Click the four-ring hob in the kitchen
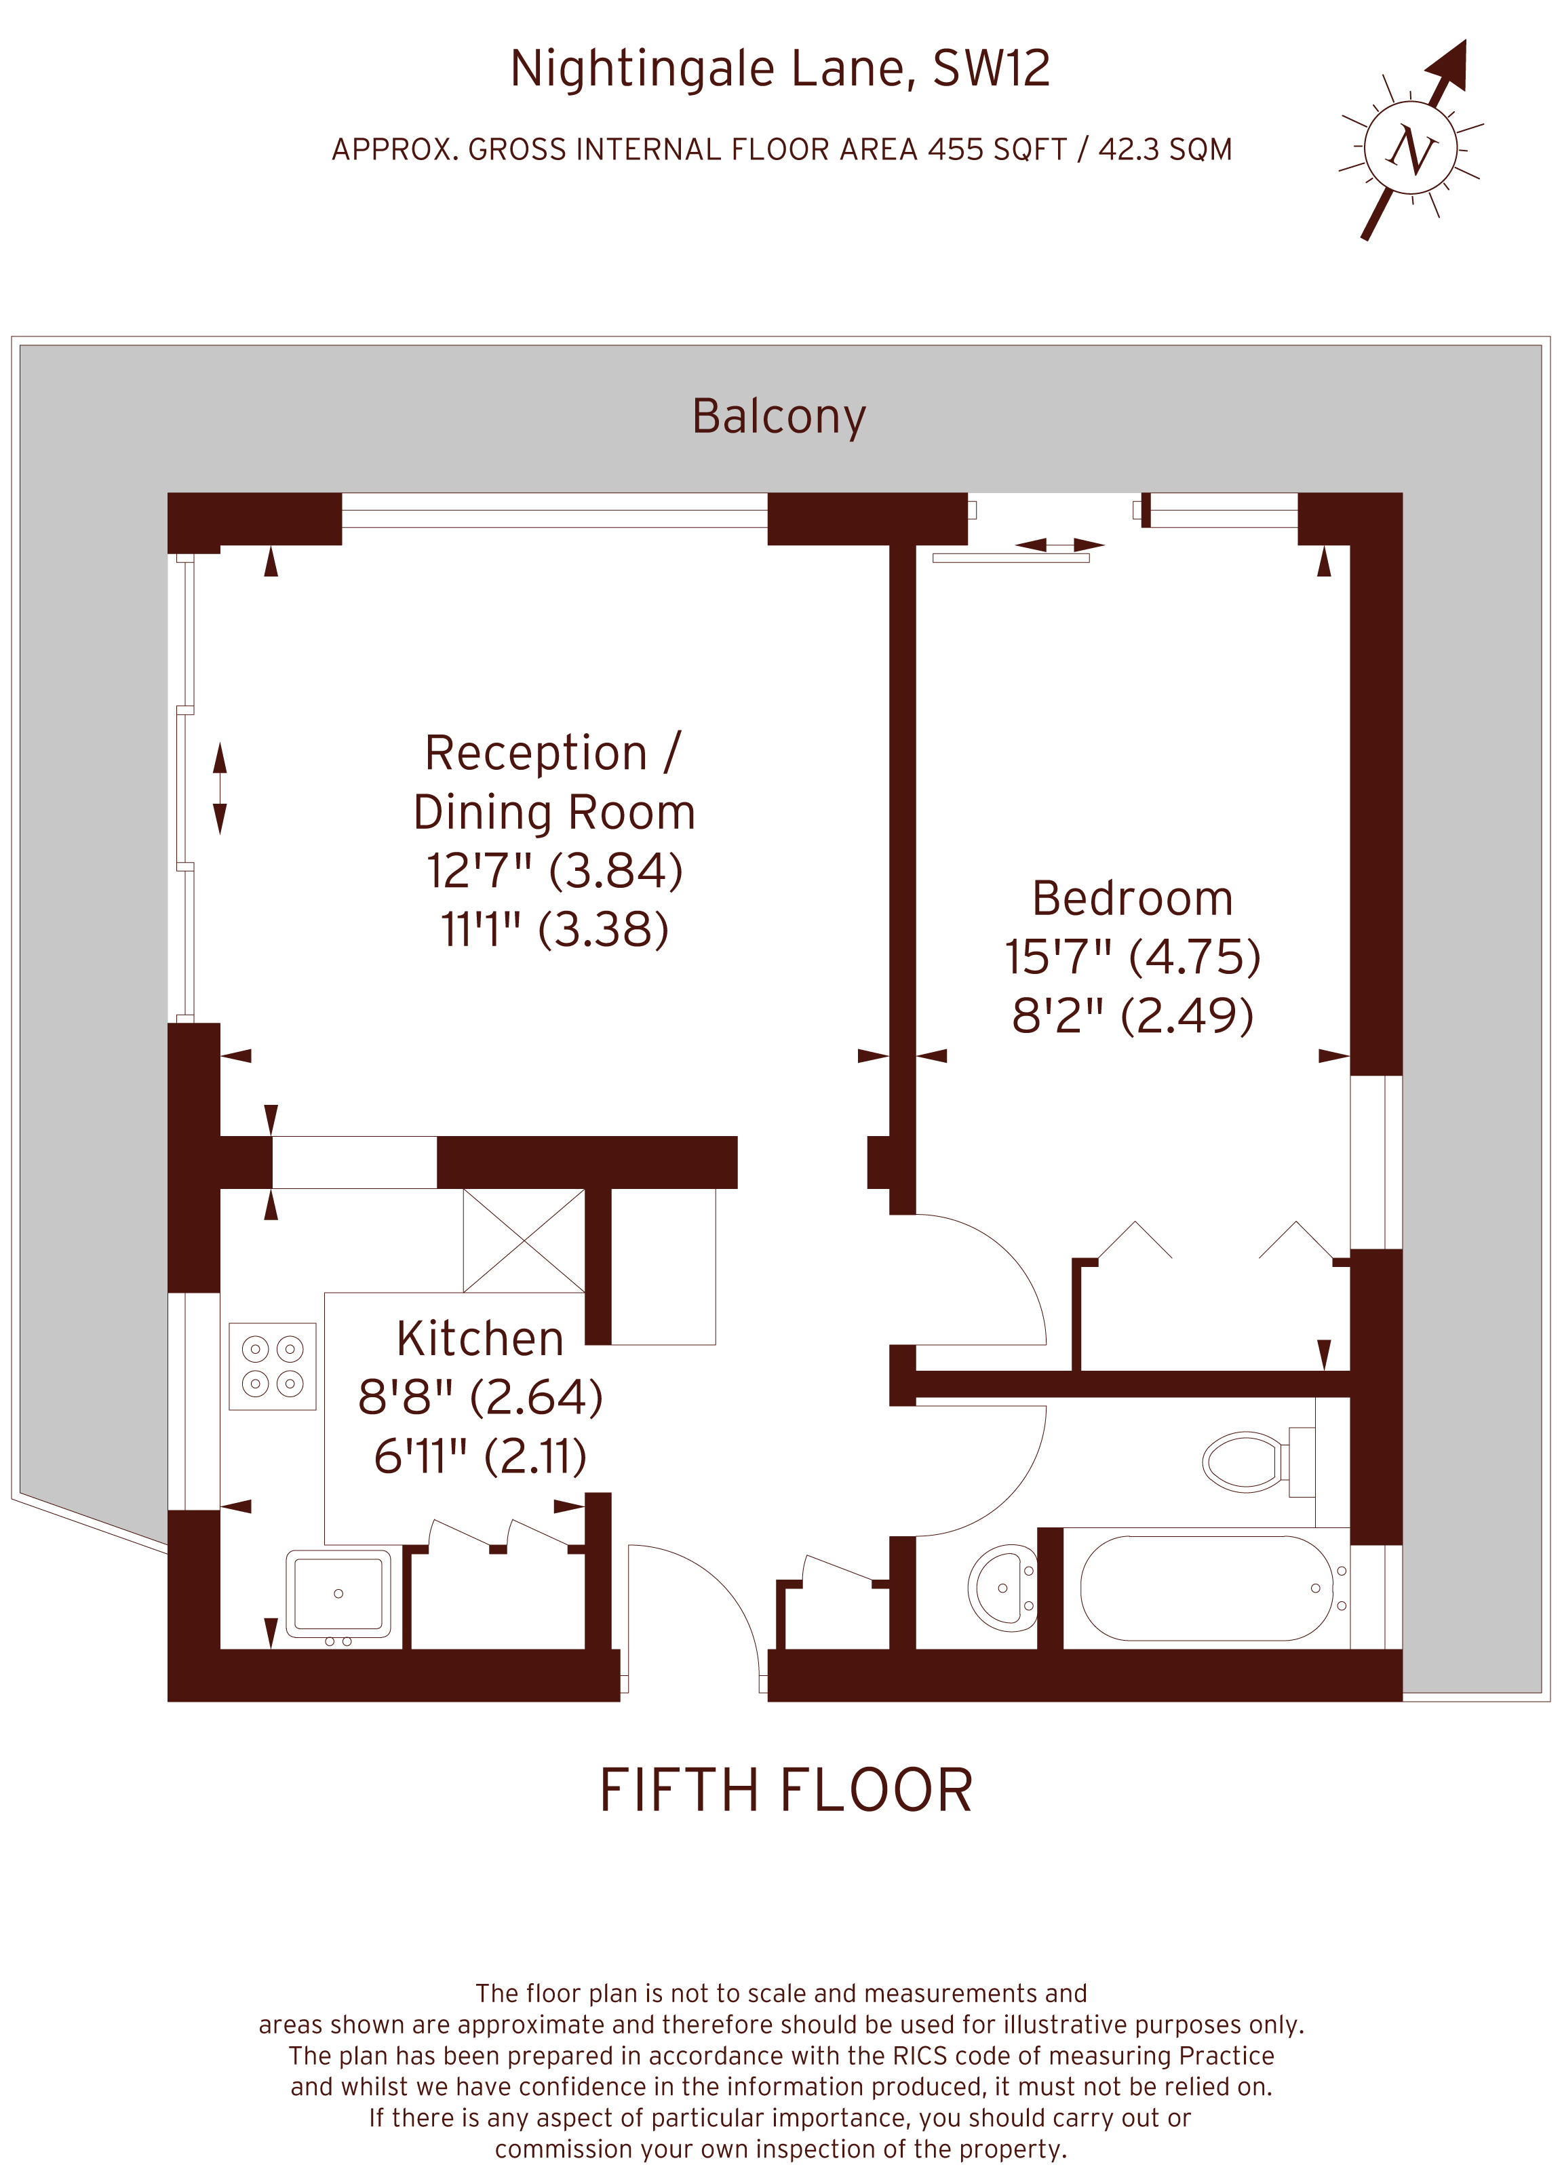coord(272,1366)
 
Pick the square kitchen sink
coord(338,1593)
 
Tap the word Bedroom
coord(1132,899)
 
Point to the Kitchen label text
coord(480,1339)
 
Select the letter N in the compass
coord(1411,150)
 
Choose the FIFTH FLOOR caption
coord(785,1791)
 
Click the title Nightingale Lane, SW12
coord(779,69)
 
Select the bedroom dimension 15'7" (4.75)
coord(1132,958)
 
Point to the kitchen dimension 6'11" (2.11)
coord(480,1456)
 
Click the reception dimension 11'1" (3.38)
coord(554,930)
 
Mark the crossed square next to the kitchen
coord(524,1241)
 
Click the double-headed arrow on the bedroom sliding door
coord(1059,545)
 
